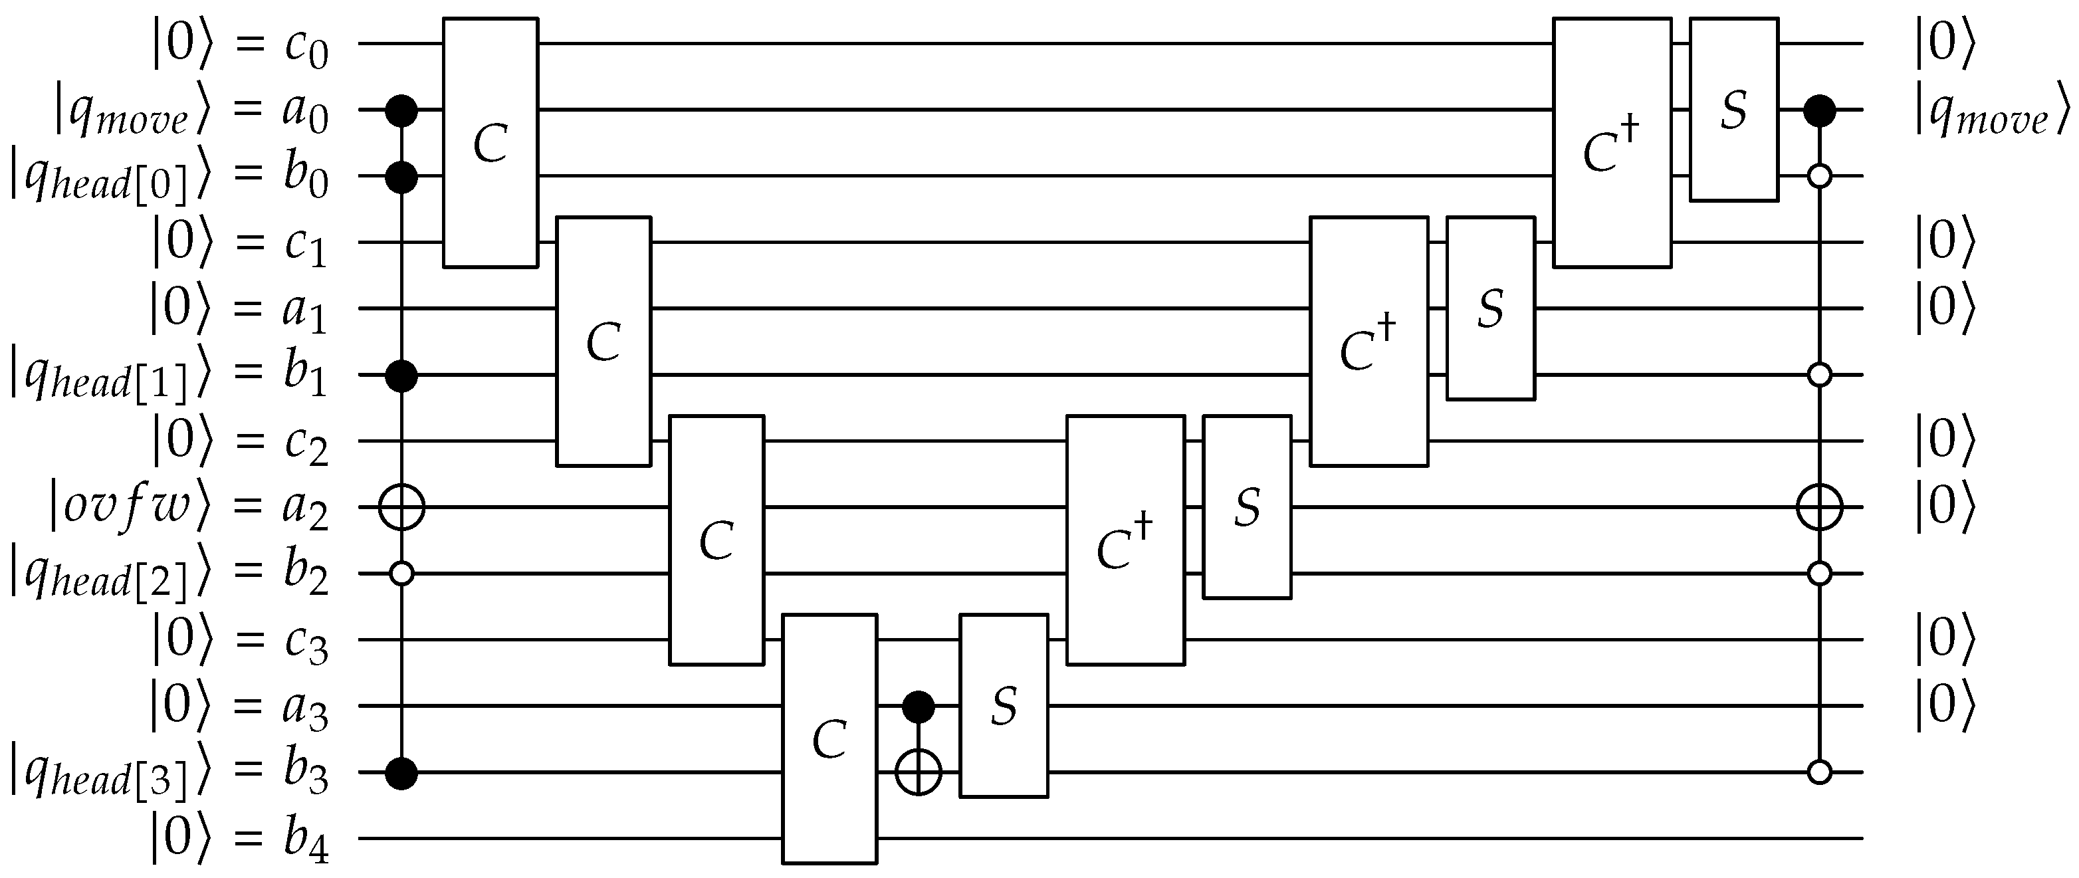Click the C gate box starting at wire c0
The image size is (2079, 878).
[x=490, y=142]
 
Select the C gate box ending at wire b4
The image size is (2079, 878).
[x=829, y=738]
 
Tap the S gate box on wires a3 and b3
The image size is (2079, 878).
[x=1003, y=705]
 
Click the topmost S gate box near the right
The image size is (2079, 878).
[x=1733, y=109]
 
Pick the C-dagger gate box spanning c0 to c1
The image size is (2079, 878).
[x=1612, y=142]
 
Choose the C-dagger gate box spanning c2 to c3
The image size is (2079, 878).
[x=1125, y=540]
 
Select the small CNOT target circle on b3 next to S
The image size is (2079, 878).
[x=919, y=772]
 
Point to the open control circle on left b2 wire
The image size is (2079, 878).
[x=401, y=574]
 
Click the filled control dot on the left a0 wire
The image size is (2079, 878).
[x=401, y=110]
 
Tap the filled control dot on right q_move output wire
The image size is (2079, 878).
[x=1819, y=110]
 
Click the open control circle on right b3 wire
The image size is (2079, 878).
[x=1819, y=772]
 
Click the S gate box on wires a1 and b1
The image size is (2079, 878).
[x=1490, y=308]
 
